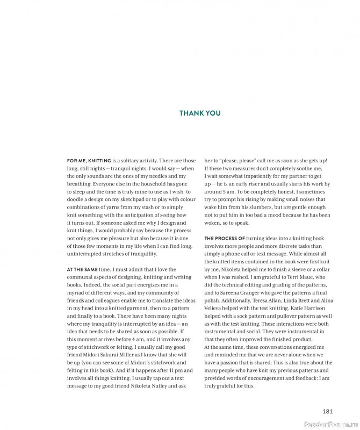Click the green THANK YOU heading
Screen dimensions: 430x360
[x=200, y=113]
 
